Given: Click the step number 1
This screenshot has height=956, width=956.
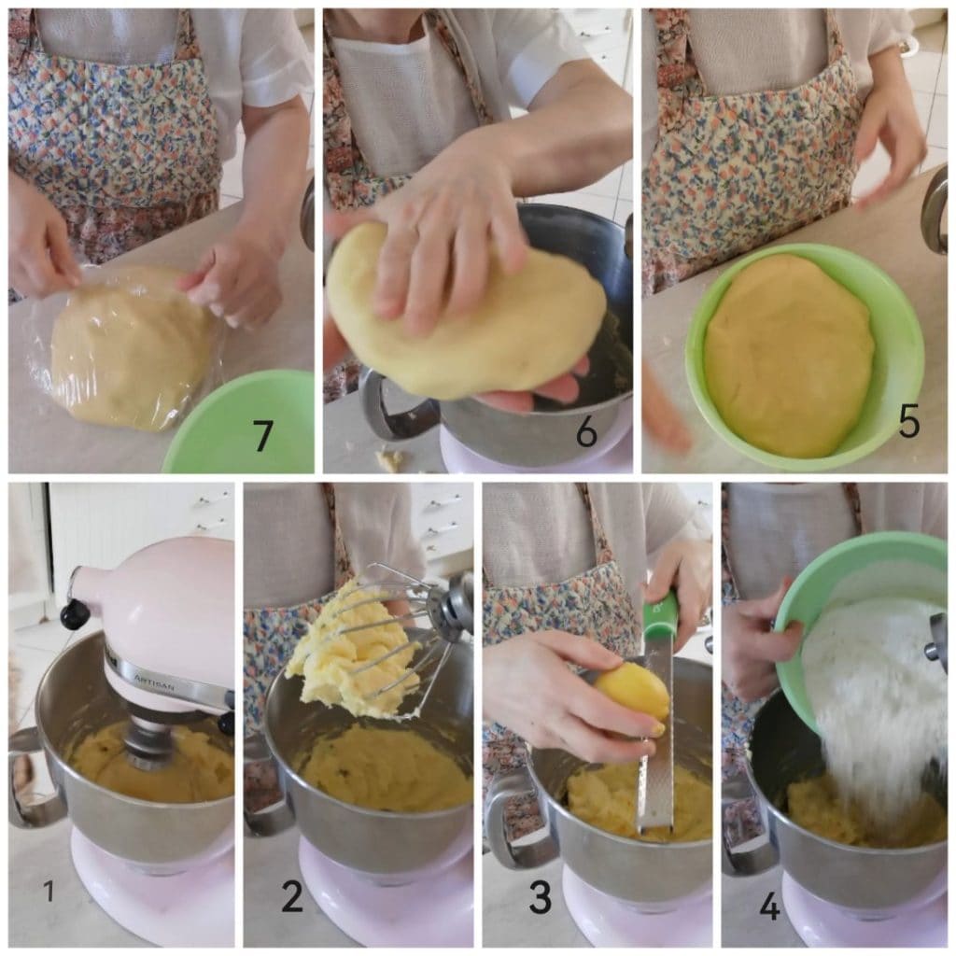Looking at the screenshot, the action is click(x=49, y=892).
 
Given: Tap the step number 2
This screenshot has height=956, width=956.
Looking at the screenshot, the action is click(x=292, y=895).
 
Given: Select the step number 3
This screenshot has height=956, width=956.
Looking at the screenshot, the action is click(x=541, y=896).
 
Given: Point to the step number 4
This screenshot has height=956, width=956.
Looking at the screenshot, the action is click(x=770, y=907).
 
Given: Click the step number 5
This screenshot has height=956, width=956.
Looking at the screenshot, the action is click(x=909, y=421).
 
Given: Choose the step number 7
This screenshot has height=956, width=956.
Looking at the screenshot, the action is click(x=262, y=436).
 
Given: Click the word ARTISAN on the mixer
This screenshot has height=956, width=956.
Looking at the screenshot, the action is click(x=155, y=682).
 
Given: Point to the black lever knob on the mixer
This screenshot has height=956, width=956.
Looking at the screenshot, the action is click(x=75, y=612).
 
